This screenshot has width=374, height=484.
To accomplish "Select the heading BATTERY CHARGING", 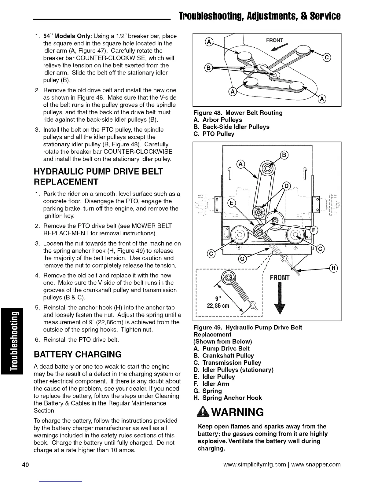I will tap(78, 354).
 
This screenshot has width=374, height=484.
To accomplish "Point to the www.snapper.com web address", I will tap(316, 465).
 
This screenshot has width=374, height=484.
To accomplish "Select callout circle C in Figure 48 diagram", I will tap(327, 57).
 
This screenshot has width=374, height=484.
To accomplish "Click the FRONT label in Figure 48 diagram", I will tap(275, 40).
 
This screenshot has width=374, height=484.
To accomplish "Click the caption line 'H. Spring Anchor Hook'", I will tap(228, 398).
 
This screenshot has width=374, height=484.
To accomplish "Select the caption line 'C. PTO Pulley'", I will tap(214, 134).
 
